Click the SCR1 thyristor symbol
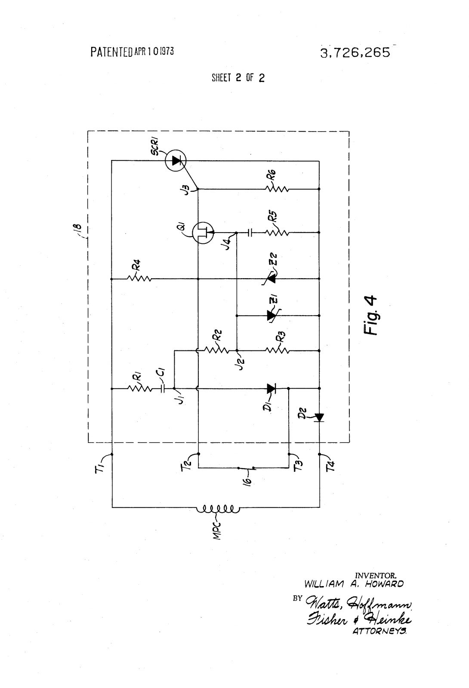tap(176, 160)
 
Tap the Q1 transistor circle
tap(203, 233)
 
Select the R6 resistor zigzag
tap(277, 189)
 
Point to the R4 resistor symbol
tap(139, 279)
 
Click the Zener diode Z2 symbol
tap(270, 279)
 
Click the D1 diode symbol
tap(271, 389)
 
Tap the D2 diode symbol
tap(319, 418)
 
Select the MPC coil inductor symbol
tap(218, 509)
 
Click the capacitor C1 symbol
tap(163, 389)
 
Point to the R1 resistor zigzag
tap(139, 389)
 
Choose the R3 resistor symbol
tap(277, 350)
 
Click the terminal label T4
tap(331, 466)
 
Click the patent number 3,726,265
tap(355, 52)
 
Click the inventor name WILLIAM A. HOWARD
tap(354, 584)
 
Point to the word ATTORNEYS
tap(379, 632)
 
